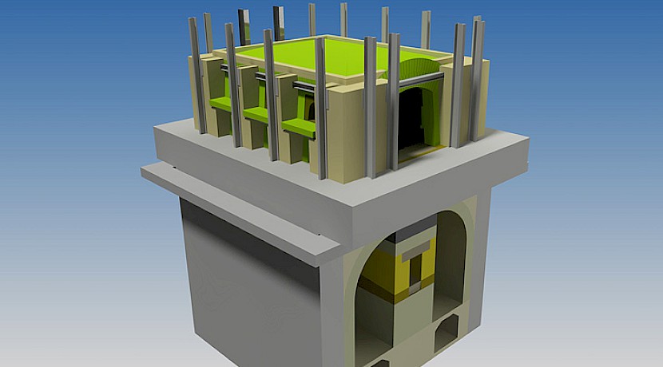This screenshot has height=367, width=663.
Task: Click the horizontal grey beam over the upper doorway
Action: click(x=415, y=80)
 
